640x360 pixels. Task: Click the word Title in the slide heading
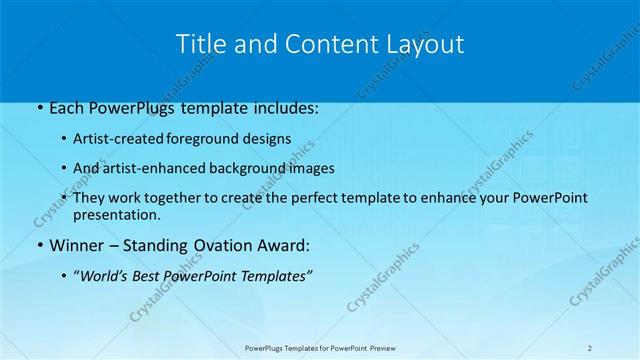click(200, 44)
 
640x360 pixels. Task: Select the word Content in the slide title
click(311, 44)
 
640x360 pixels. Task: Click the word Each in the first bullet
click(67, 108)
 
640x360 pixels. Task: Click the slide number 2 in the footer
click(590, 348)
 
